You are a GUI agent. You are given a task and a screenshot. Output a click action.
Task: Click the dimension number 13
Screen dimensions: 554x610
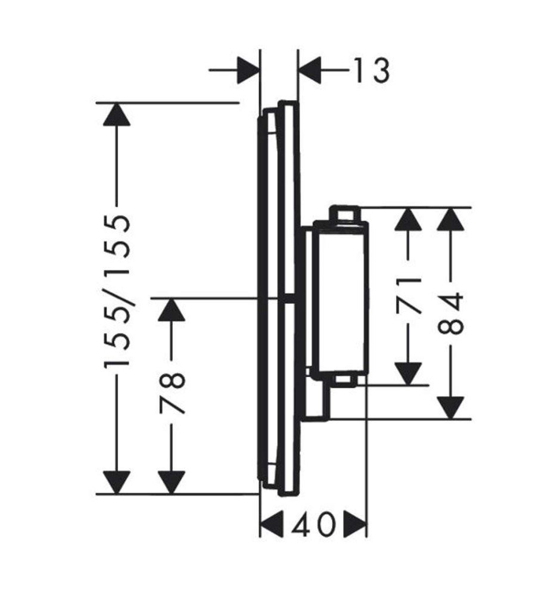click(x=372, y=70)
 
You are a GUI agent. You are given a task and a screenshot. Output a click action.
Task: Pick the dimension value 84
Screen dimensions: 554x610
click(x=450, y=314)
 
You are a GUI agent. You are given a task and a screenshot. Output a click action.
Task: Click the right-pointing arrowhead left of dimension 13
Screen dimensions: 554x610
click(x=248, y=70)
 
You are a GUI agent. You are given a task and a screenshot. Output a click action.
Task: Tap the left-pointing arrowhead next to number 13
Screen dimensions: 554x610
click(x=309, y=70)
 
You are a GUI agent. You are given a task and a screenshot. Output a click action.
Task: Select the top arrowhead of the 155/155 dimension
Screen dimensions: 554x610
click(x=116, y=114)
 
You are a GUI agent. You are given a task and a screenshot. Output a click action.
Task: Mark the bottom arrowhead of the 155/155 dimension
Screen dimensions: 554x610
click(x=116, y=483)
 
